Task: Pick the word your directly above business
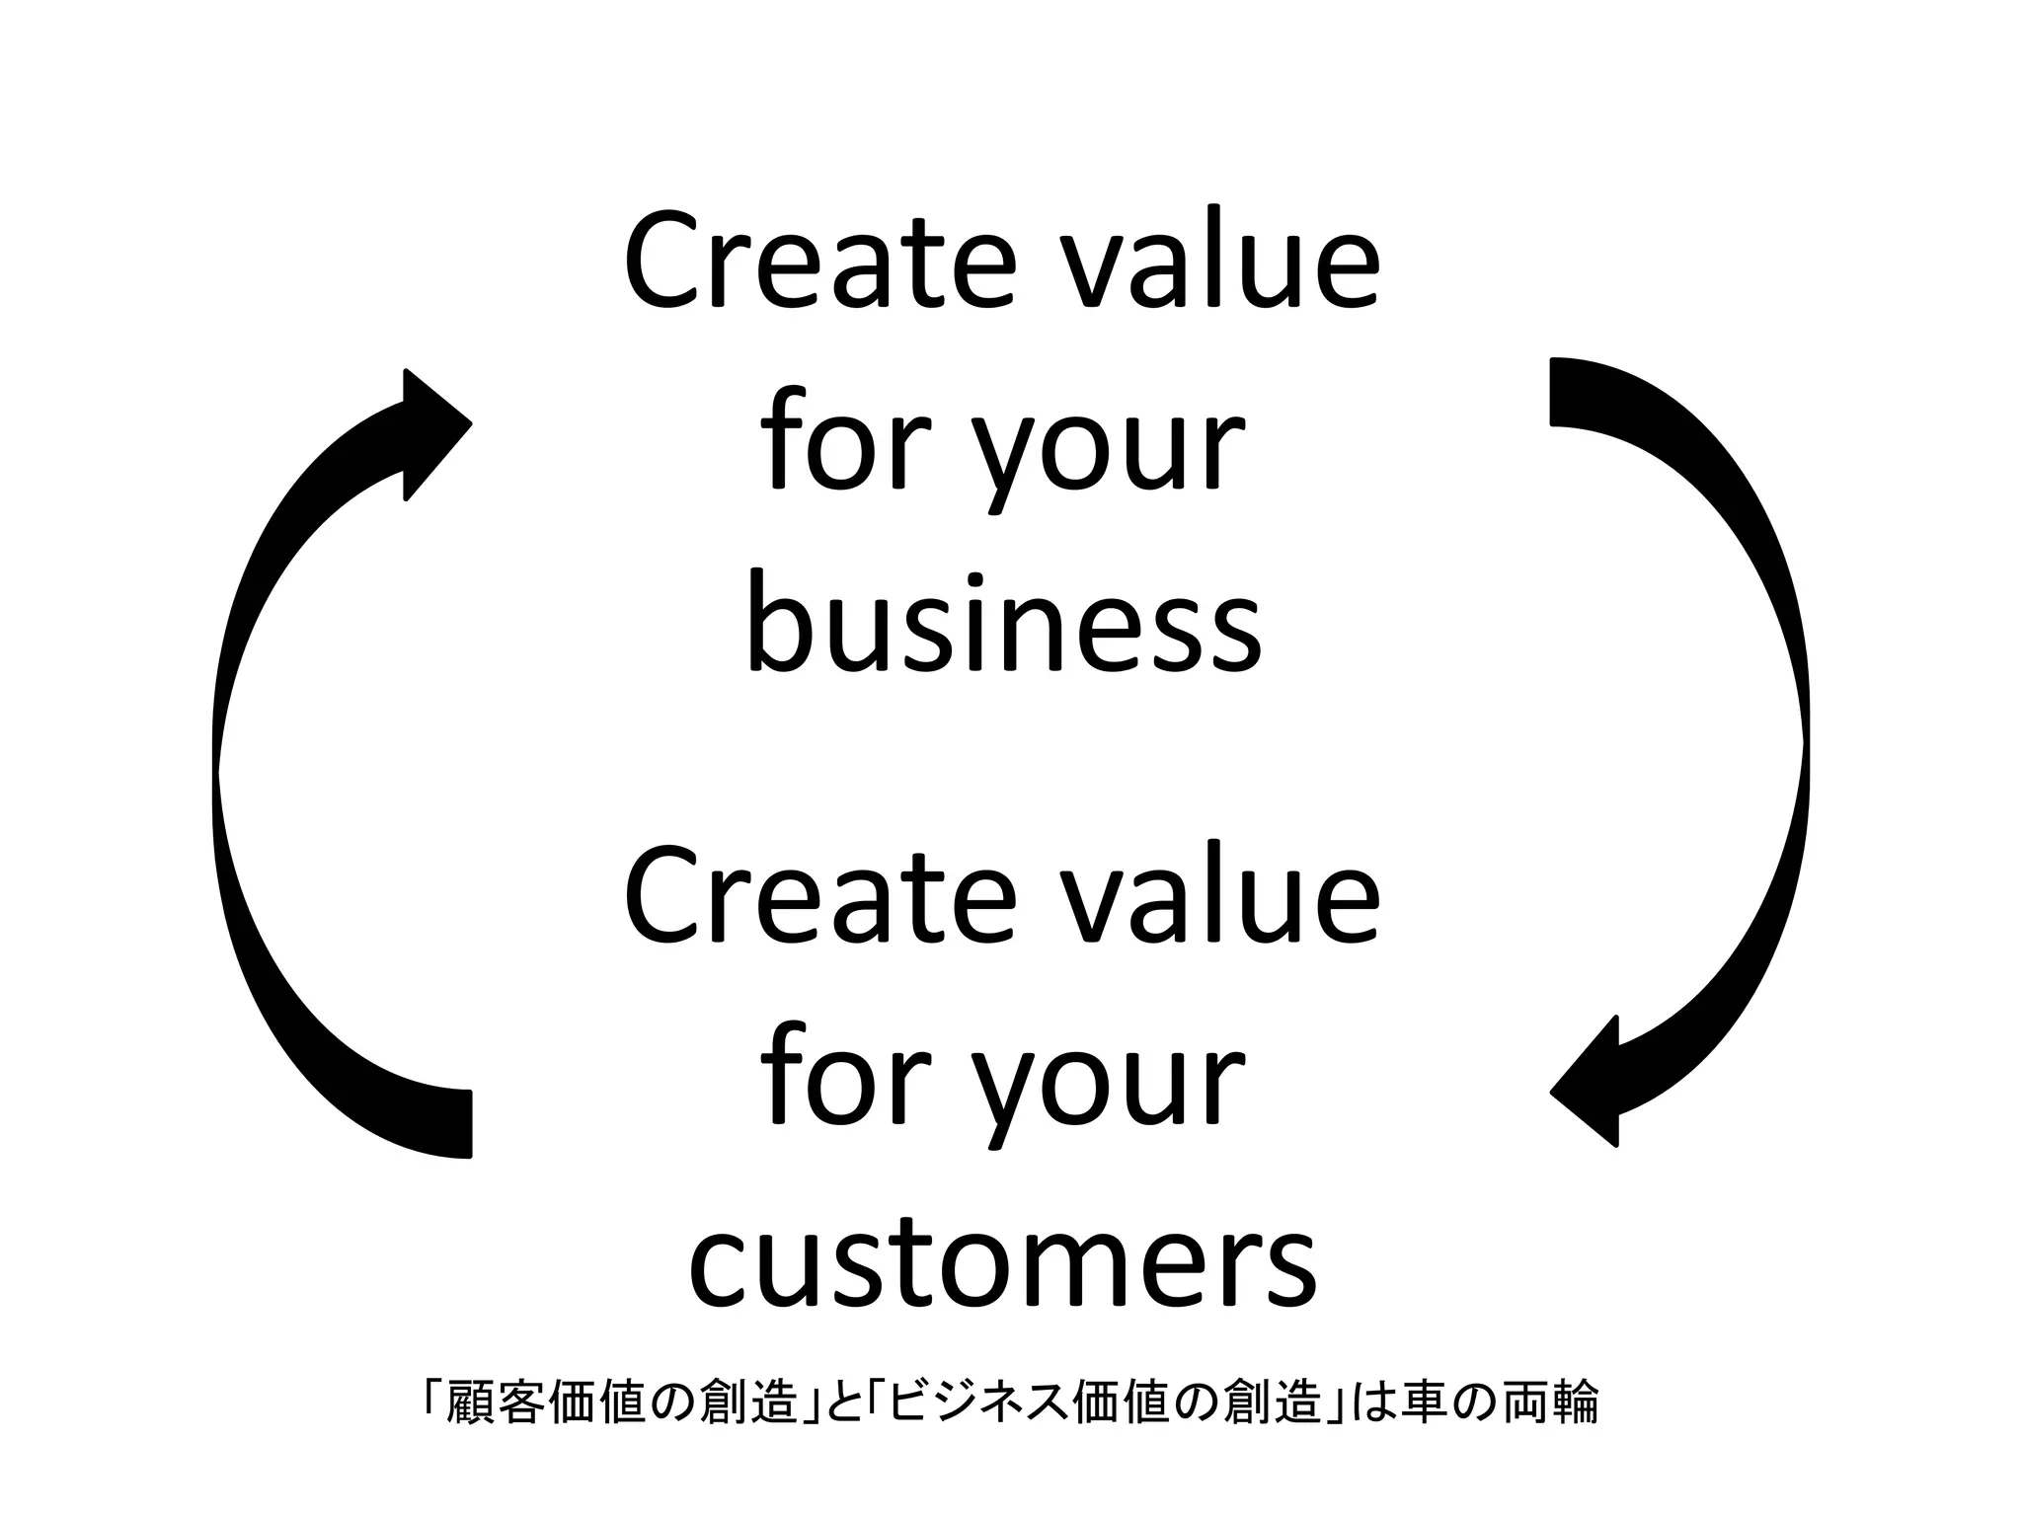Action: [x=1114, y=454]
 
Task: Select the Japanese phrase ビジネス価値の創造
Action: [x=1101, y=1402]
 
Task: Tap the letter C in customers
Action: [x=720, y=1267]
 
